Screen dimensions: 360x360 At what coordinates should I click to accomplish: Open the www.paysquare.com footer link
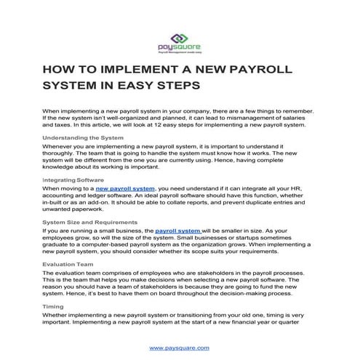(x=180, y=348)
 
